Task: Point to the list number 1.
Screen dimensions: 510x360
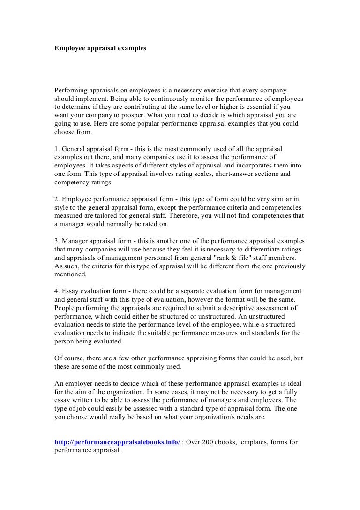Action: [x=57, y=149]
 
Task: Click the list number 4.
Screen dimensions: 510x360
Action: [x=57, y=291]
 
